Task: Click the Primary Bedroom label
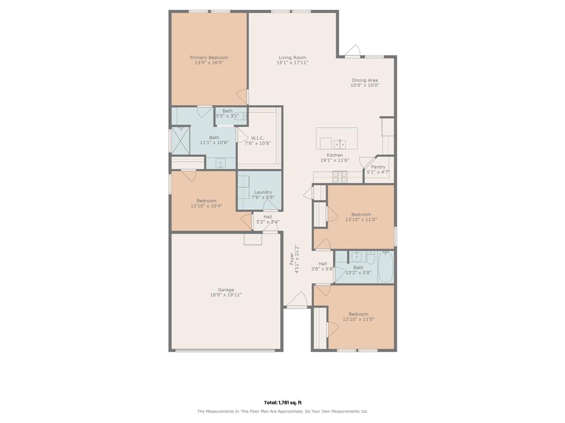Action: [x=209, y=57]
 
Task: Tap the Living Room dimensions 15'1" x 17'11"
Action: [x=292, y=63]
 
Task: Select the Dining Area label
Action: [x=365, y=80]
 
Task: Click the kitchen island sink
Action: [x=340, y=144]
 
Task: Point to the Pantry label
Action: [x=378, y=167]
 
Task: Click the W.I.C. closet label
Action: [x=258, y=138]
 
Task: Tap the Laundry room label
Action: [x=263, y=192]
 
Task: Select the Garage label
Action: [x=226, y=290]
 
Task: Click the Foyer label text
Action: [x=292, y=259]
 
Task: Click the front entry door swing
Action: [x=297, y=299]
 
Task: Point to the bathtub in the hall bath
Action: [x=386, y=267]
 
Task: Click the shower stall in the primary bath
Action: [x=180, y=140]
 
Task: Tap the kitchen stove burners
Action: [x=340, y=177]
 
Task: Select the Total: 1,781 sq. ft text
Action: [x=282, y=403]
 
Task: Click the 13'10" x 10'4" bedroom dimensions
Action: [x=206, y=206]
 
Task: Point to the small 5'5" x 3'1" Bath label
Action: [x=227, y=111]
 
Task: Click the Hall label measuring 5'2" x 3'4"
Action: [x=268, y=217]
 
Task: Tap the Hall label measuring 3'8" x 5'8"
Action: [x=322, y=264]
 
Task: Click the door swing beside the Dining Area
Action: [x=353, y=51]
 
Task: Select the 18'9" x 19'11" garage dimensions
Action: [x=226, y=295]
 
